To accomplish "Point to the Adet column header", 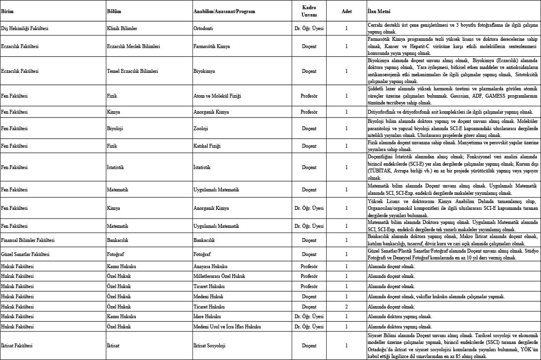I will point(346,11).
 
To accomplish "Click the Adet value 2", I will point(346,307).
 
